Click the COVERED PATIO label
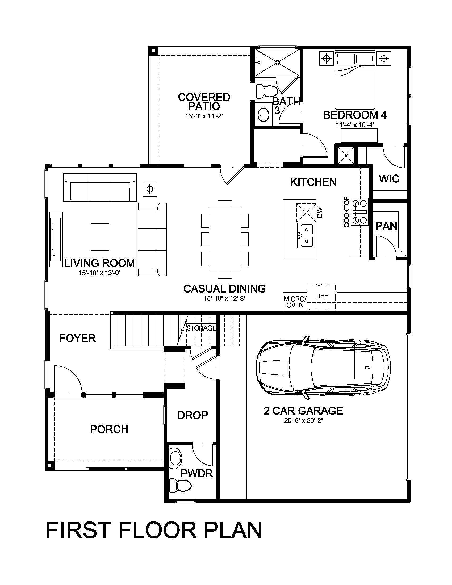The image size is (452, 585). [204, 102]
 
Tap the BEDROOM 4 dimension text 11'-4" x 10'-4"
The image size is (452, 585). [355, 125]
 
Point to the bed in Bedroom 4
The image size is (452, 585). [355, 80]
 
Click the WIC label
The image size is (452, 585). [389, 179]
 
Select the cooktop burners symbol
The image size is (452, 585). [360, 212]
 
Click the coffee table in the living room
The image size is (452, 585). [100, 237]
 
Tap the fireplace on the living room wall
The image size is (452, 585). [56, 240]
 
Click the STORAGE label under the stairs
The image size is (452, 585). [201, 328]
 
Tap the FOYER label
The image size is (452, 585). [77, 338]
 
